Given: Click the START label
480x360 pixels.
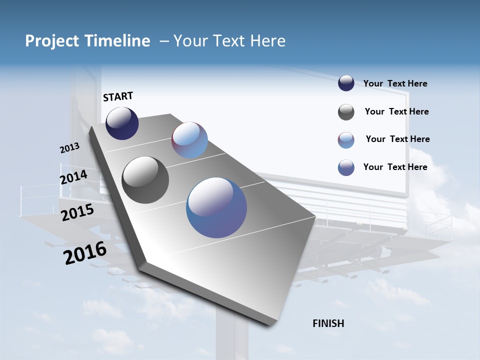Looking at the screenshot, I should pos(118,96).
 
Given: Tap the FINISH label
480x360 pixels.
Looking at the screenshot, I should pos(328,323).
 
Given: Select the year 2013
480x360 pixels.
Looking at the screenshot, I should pos(69,148).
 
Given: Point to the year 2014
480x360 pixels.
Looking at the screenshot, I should pos(73,177).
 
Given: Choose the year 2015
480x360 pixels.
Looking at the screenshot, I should pos(77,212).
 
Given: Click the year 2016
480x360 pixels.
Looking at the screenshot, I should pos(85,252).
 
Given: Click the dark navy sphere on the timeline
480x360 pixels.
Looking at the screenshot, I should pos(122,123).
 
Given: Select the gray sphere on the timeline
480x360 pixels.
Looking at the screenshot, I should pos(145,180).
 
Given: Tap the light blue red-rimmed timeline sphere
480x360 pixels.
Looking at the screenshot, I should pos(189,140).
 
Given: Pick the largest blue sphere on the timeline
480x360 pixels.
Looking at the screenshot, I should pos(216,207).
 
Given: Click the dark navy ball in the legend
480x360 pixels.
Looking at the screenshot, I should pos(346,83).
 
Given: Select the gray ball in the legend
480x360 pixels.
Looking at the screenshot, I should pos(346,112).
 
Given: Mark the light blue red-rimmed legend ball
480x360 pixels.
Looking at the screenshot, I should pos(346,140).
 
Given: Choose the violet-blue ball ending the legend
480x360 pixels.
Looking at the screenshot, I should pos(346,167).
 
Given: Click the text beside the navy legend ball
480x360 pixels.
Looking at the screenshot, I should pos(395,83).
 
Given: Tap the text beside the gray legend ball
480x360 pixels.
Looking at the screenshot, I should pos(396,111).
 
